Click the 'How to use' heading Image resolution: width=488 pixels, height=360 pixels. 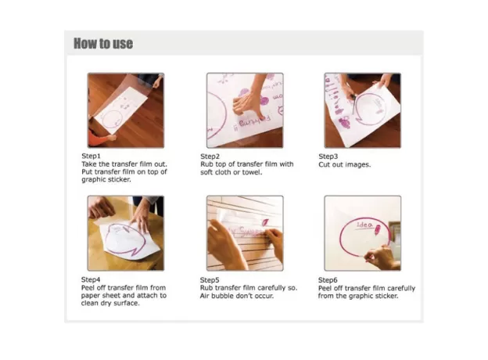(x=103, y=43)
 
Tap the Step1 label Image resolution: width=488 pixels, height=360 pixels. (x=91, y=156)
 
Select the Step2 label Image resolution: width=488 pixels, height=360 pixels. (x=210, y=157)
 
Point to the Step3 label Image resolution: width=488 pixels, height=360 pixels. (x=328, y=157)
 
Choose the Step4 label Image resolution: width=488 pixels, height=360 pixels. (x=91, y=279)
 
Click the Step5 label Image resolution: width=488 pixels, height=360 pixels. (x=210, y=280)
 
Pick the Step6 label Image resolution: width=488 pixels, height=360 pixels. (x=328, y=280)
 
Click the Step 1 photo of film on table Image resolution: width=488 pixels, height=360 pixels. (x=126, y=110)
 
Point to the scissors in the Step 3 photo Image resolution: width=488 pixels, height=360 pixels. (x=353, y=102)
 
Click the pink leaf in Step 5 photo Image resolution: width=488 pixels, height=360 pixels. (x=265, y=222)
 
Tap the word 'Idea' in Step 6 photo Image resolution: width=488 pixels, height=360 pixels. (x=364, y=225)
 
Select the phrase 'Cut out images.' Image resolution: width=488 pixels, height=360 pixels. (x=345, y=164)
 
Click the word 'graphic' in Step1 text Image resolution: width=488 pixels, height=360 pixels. (x=93, y=180)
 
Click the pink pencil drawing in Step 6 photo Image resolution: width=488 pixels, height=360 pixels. (x=378, y=230)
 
